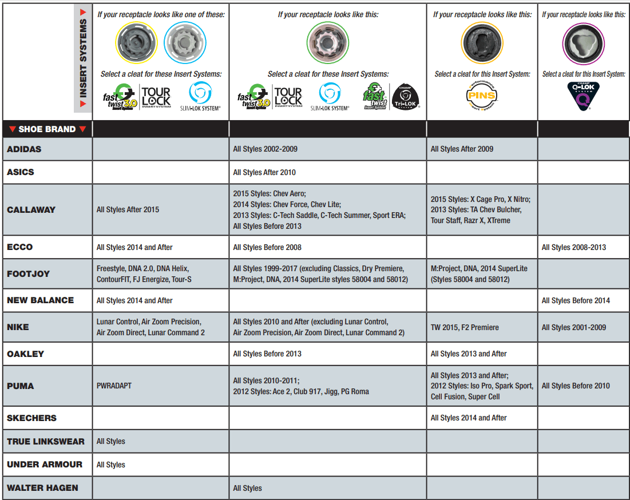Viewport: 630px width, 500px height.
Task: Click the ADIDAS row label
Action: pyautogui.click(x=25, y=149)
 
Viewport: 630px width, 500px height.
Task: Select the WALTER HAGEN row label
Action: pyautogui.click(x=42, y=488)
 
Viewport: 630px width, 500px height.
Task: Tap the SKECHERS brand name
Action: pyautogui.click(x=32, y=418)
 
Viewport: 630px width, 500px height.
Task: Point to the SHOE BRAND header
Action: pyautogui.click(x=47, y=129)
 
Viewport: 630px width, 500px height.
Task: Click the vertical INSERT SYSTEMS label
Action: pyautogui.click(x=83, y=58)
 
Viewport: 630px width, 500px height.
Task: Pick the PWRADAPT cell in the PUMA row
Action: pyautogui.click(x=114, y=386)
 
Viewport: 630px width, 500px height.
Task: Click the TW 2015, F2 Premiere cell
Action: pyautogui.click(x=465, y=327)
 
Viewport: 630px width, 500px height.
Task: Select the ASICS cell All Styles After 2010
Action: pyautogui.click(x=264, y=172)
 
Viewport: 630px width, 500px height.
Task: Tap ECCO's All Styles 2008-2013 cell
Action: pyautogui.click(x=573, y=247)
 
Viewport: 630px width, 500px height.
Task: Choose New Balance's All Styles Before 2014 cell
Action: pyautogui.click(x=576, y=300)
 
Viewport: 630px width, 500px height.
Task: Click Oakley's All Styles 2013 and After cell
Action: pyautogui.click(x=469, y=354)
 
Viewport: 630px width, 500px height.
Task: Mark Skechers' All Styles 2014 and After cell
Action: pyautogui.click(x=469, y=418)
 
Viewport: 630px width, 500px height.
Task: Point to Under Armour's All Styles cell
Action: pyautogui.click(x=111, y=465)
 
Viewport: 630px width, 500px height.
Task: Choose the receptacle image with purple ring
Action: pyautogui.click(x=583, y=44)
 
